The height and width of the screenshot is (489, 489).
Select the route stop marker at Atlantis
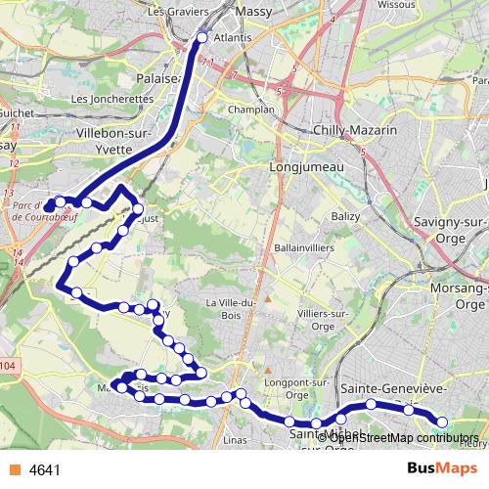pos(202,38)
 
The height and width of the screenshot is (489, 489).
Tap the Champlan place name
pos(251,110)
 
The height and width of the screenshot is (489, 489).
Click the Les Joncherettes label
pos(113,99)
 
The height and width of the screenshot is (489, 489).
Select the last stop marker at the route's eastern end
pos(441,422)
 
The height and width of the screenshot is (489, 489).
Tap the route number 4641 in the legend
pos(45,469)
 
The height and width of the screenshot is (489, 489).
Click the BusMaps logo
pos(436,468)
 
